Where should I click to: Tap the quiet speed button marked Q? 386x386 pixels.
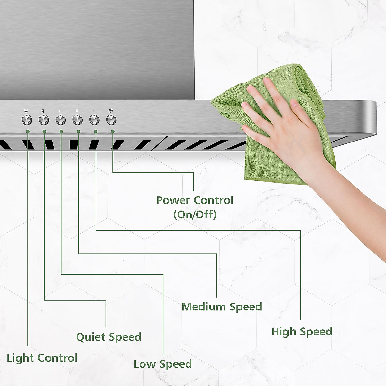(x=43, y=120)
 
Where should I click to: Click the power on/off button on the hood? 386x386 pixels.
(x=111, y=120)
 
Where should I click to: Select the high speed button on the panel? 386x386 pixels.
(x=94, y=120)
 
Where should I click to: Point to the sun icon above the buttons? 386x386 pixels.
(x=26, y=111)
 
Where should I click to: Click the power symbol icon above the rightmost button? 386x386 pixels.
(x=110, y=111)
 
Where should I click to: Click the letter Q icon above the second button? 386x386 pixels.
(x=43, y=111)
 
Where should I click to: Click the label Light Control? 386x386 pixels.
(x=42, y=358)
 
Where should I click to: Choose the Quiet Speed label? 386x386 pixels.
(x=109, y=337)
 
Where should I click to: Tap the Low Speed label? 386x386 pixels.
(x=163, y=364)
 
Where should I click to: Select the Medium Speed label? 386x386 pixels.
(x=222, y=307)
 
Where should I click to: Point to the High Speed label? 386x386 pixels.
(x=302, y=331)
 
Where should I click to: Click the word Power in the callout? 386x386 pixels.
(x=173, y=200)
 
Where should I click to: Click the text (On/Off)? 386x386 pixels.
(x=195, y=214)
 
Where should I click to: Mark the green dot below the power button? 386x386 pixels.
(x=113, y=131)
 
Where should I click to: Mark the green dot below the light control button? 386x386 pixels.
(x=28, y=131)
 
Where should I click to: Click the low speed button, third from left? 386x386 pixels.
(x=60, y=120)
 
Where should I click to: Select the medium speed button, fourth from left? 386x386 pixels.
(x=78, y=120)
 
